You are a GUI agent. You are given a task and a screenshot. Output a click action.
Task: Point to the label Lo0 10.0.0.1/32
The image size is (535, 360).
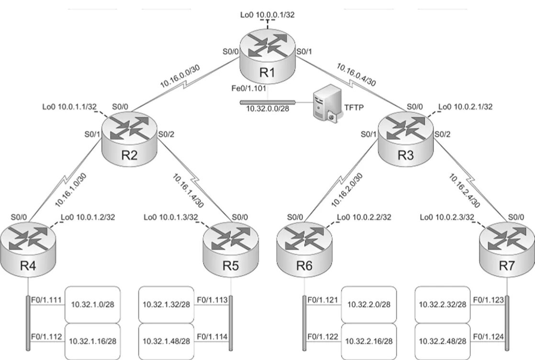(x=267, y=15)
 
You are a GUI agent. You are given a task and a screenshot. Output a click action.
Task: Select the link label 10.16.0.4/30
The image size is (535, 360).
(x=357, y=75)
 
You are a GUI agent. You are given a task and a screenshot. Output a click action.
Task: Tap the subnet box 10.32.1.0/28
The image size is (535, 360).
(x=93, y=304)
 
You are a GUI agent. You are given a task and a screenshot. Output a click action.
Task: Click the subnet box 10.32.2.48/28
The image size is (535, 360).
(x=443, y=341)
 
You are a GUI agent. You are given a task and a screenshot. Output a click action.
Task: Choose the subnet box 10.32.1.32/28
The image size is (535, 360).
(x=166, y=304)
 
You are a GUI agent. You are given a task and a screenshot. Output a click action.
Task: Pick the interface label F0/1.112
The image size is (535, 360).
(x=46, y=337)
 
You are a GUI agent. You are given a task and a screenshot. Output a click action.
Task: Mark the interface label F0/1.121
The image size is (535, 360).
(x=323, y=300)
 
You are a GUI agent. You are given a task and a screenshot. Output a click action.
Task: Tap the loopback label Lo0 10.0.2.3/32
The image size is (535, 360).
(x=447, y=218)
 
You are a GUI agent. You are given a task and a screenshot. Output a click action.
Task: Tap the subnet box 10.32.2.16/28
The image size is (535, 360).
(x=369, y=341)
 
